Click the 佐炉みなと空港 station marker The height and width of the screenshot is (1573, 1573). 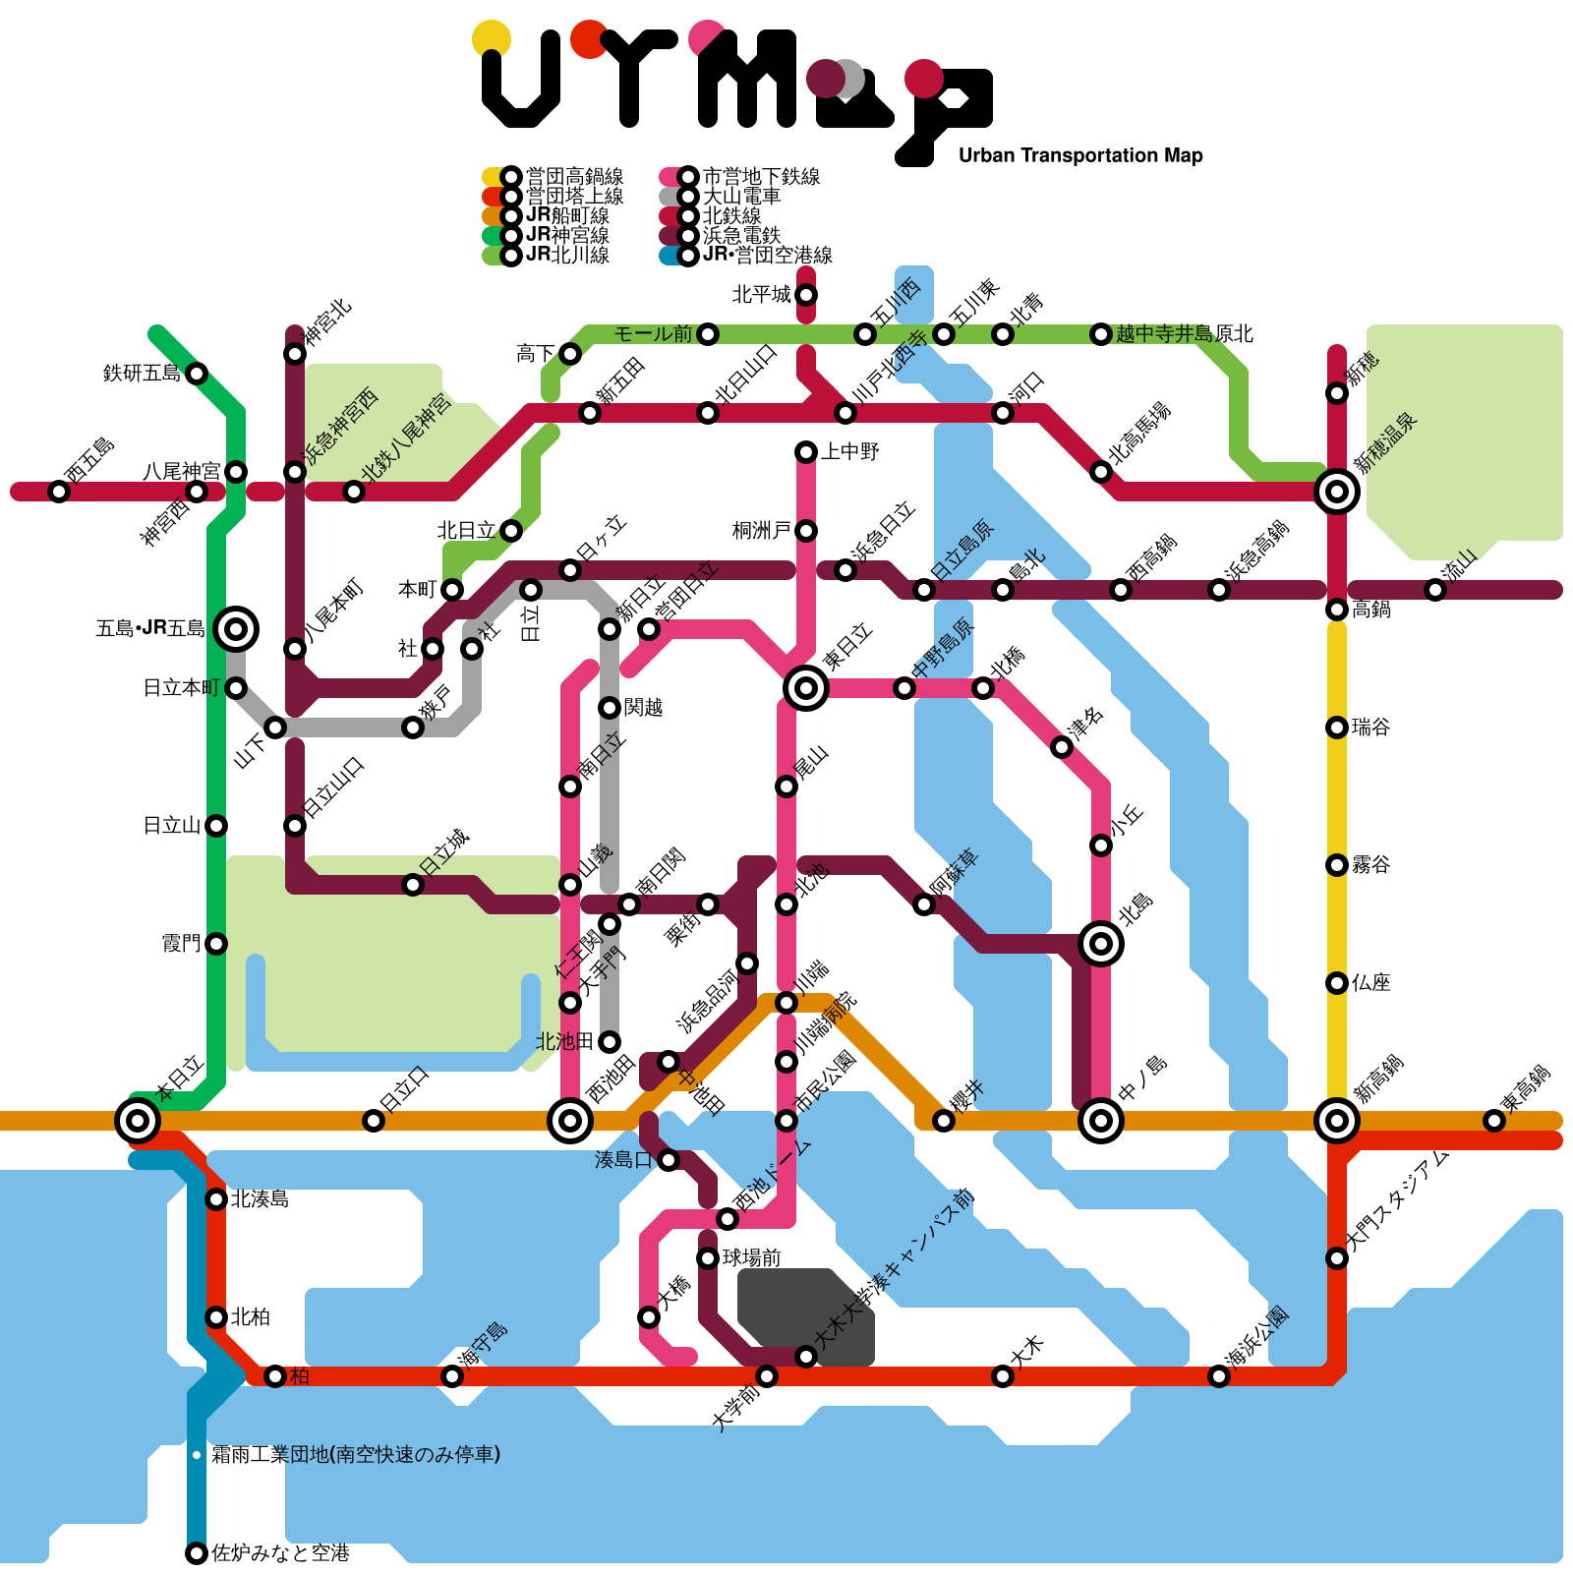pos(197,1553)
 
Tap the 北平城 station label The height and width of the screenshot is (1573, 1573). pos(761,295)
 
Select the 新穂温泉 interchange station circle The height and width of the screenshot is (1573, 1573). pos(1337,491)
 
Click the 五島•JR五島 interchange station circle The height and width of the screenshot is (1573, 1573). pos(236,628)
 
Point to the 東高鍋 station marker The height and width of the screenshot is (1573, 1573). pos(1494,1121)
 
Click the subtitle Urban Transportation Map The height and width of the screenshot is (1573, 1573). pos(1080,155)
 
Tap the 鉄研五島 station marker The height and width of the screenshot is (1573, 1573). pos(197,374)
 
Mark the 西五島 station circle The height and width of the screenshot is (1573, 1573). pos(59,492)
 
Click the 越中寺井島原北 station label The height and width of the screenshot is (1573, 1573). pos(1185,334)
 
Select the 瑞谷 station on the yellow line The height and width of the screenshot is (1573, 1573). pos(1337,728)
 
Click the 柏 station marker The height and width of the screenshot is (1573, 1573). pos(275,1376)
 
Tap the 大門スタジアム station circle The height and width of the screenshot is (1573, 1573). pos(1337,1258)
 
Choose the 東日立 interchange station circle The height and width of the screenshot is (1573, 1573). pos(806,687)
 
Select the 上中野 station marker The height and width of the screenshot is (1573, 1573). pos(806,452)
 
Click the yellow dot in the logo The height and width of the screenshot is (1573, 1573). pos(492,39)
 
